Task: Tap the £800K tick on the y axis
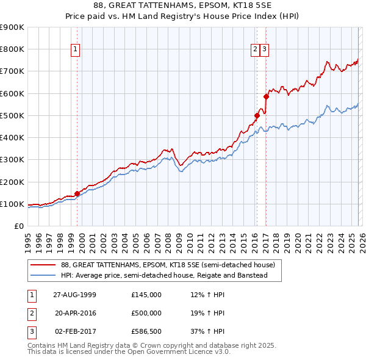coord(13,49)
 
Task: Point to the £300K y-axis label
coord(13,159)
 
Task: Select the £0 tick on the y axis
coord(19,226)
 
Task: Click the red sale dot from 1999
coord(77,193)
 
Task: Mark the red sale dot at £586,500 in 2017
coord(266,96)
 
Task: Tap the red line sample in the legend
coord(43,265)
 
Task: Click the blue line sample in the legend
coord(43,276)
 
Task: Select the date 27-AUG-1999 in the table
coord(74,295)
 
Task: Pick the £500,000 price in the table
coord(146,313)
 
